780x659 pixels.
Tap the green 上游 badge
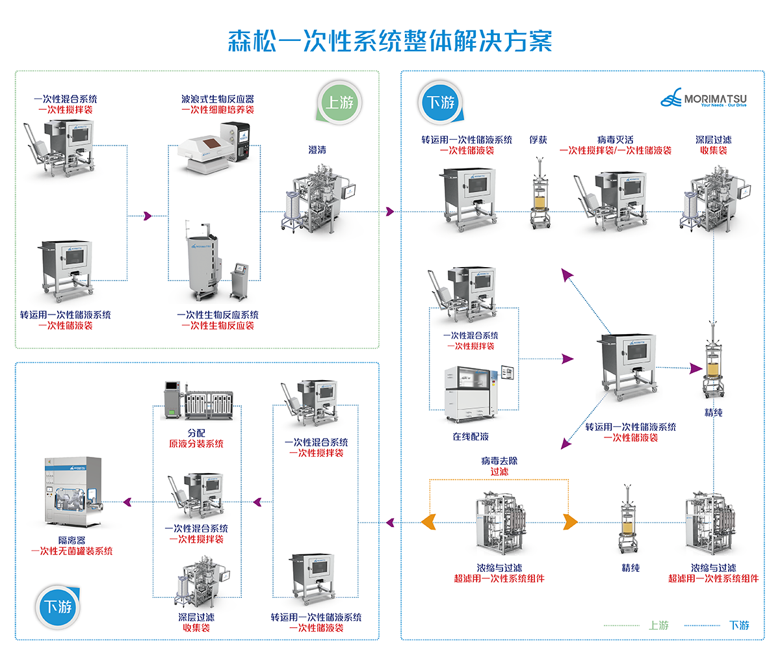click(341, 103)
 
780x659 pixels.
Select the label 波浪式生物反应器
click(218, 99)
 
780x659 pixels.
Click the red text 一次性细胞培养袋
click(218, 110)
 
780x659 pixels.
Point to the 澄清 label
click(317, 150)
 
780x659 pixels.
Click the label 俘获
click(538, 140)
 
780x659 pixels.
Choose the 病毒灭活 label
click(615, 140)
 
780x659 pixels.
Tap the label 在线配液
click(471, 437)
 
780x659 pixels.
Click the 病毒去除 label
click(499, 461)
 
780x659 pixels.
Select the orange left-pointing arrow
click(428, 522)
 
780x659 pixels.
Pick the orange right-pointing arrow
click(570, 522)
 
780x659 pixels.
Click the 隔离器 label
click(71, 540)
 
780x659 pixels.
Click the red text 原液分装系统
click(196, 444)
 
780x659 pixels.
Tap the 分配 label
click(196, 433)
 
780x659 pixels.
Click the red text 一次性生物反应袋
click(218, 326)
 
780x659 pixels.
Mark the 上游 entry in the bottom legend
click(658, 625)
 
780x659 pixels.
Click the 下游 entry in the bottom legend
click(739, 625)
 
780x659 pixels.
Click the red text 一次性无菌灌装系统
click(71, 551)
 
